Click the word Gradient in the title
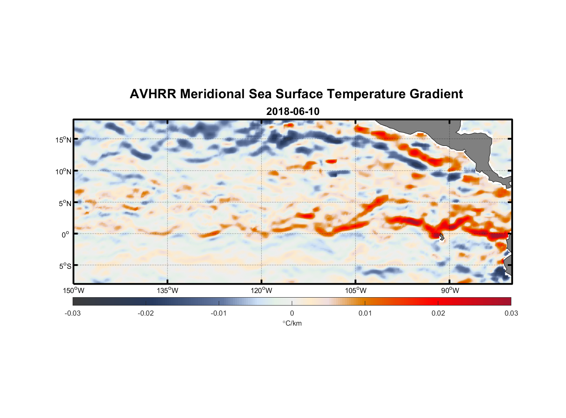pos(436,94)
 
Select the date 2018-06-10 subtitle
pos(293,112)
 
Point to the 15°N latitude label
pos(63,140)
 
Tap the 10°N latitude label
pos(63,171)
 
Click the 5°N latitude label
pos(65,203)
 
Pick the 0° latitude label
pos(66,234)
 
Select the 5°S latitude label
pos(65,266)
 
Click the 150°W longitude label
pos(74,291)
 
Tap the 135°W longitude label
pos(168,291)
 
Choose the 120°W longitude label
pos(262,291)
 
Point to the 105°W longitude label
pos(356,291)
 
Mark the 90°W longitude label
pos(450,291)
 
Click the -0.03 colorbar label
pos(73,313)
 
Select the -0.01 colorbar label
pos(219,313)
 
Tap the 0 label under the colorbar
pos(292,313)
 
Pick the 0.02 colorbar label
pos(438,313)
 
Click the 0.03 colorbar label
pos(511,313)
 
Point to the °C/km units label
pos(292,324)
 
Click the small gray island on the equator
pos(441,237)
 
